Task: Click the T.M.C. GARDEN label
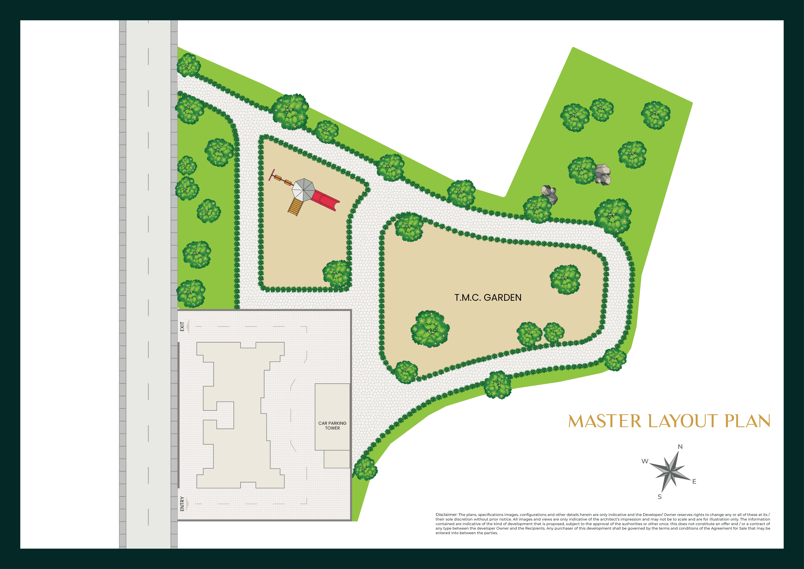click(488, 298)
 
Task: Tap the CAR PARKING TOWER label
click(332, 426)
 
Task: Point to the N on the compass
click(680, 447)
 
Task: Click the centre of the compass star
click(671, 472)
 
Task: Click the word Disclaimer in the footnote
click(446, 515)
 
